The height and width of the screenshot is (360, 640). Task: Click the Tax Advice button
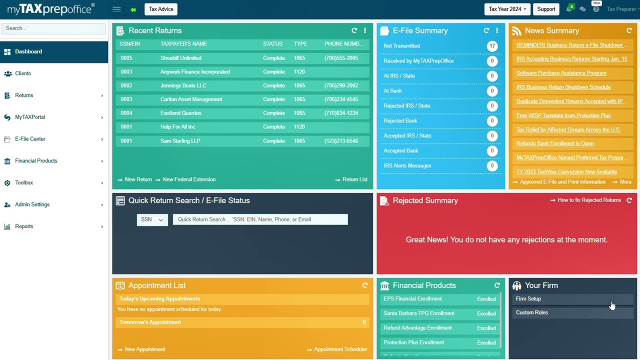click(161, 9)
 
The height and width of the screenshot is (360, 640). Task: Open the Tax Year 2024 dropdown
click(507, 9)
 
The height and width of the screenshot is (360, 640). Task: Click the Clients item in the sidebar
click(23, 73)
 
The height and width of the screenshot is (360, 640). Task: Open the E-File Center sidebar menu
click(30, 139)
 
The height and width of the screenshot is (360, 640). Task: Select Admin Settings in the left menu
click(32, 204)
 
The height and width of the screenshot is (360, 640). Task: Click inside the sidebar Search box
click(53, 28)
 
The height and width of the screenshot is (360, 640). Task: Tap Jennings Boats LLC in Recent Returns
click(183, 85)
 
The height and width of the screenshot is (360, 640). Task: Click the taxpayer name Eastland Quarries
click(180, 113)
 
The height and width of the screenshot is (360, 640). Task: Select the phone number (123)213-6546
click(341, 141)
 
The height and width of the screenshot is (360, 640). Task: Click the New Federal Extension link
click(189, 179)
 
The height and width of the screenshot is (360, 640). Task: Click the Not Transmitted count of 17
click(492, 46)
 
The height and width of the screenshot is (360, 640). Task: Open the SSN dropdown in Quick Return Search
click(152, 219)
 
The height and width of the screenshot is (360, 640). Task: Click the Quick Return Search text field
click(260, 219)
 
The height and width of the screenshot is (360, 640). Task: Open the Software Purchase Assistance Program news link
click(561, 73)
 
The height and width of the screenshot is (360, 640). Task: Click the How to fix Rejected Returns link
click(589, 200)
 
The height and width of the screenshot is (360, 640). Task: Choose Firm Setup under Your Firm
click(528, 299)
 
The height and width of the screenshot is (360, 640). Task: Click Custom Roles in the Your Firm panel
click(531, 312)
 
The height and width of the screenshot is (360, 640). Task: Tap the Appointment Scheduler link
click(340, 349)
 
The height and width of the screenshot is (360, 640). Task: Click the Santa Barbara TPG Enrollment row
click(419, 313)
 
